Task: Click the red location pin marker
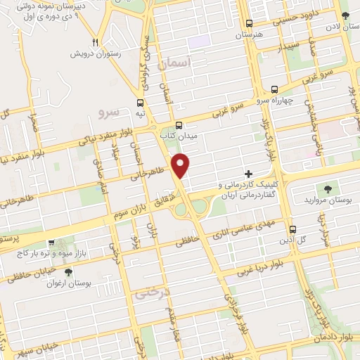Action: click(181, 166)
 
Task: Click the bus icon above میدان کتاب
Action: click(179, 122)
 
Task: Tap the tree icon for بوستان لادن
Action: click(345, 15)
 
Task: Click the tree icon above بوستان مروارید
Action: click(327, 188)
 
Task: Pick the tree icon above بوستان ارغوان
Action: click(68, 271)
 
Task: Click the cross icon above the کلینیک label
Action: click(247, 173)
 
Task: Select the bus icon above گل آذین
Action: click(293, 229)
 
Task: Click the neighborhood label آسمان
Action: click(175, 64)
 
